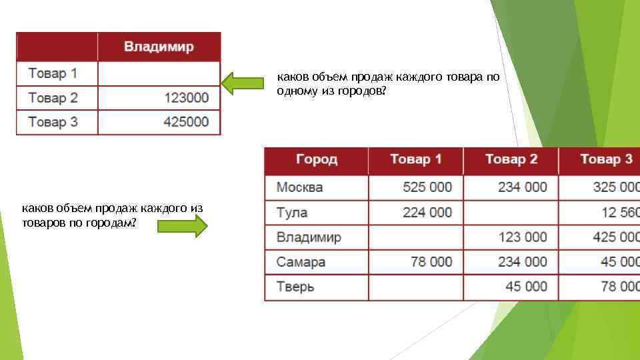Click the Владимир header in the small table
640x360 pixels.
[159, 47]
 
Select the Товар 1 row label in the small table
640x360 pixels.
[53, 73]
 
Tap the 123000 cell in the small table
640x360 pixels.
[187, 98]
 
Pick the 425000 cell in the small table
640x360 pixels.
[187, 122]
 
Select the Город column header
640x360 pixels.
[317, 159]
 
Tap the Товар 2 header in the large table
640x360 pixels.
[511, 159]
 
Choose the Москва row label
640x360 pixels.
[299, 187]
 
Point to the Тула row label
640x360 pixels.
[292, 213]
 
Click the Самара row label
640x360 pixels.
[301, 262]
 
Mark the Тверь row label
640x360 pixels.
[296, 287]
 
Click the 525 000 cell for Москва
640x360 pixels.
[427, 187]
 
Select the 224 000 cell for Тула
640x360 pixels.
[427, 213]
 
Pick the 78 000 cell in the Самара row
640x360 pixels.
[431, 262]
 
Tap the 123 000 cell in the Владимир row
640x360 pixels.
[522, 237]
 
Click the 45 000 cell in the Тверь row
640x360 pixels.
[526, 287]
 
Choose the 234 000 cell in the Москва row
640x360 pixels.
[522, 187]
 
